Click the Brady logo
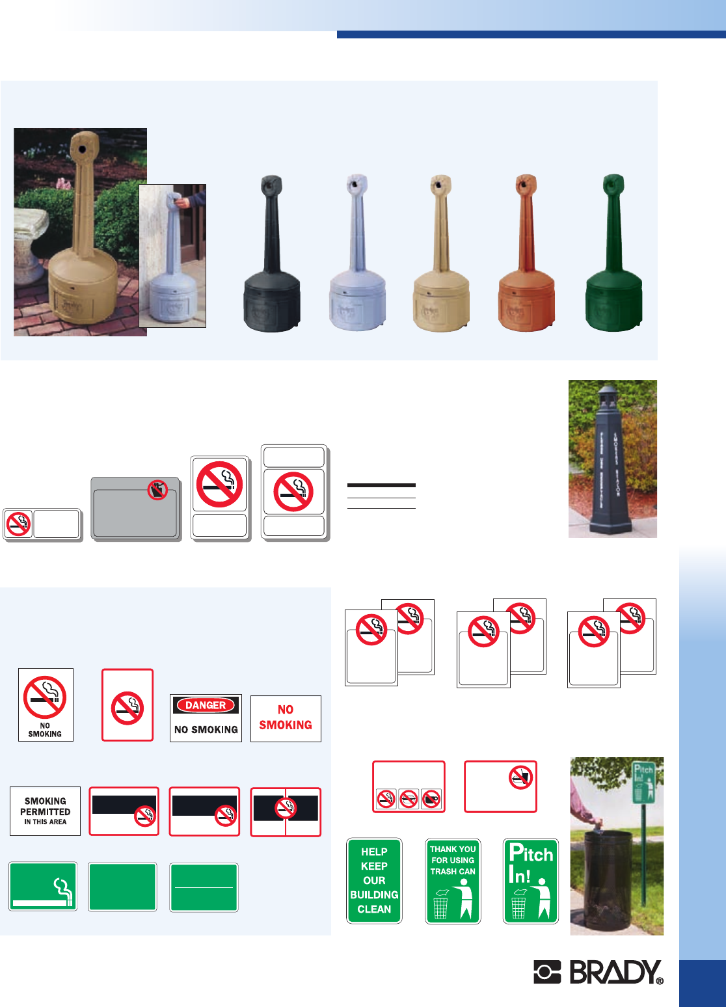[x=598, y=972]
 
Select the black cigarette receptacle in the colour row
[x=271, y=260]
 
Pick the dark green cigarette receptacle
[x=613, y=260]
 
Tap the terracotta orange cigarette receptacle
[x=526, y=260]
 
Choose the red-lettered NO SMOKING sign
[x=286, y=718]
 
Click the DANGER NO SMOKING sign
[x=206, y=718]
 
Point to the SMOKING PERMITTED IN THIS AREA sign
[x=45, y=811]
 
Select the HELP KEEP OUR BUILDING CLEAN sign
[x=374, y=880]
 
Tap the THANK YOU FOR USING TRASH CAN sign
[x=453, y=880]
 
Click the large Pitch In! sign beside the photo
[x=531, y=880]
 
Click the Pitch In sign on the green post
[x=643, y=783]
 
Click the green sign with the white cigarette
[x=43, y=886]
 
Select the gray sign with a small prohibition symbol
[x=135, y=509]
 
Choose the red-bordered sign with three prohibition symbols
[x=409, y=786]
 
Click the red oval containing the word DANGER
[x=206, y=705]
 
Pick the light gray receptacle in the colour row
[x=357, y=260]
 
